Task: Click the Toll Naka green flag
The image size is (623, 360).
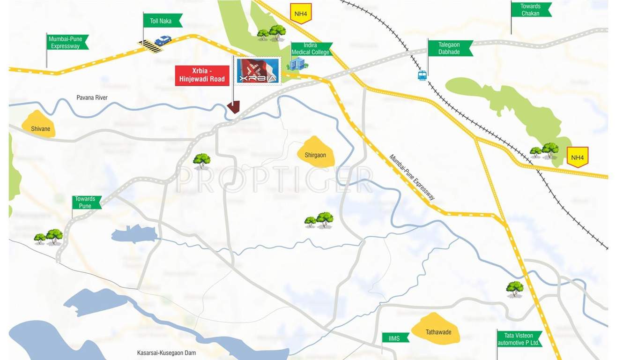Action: tap(162, 21)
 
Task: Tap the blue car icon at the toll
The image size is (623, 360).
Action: tap(163, 40)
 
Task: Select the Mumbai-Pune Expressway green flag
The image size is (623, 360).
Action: tap(67, 42)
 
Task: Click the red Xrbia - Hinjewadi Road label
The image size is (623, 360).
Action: tap(202, 75)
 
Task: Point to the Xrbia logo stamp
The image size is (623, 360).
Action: tap(258, 71)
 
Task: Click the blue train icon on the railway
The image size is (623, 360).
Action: tap(422, 75)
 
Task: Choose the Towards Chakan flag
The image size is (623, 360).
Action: tap(531, 10)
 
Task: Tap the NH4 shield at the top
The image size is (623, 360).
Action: tap(301, 13)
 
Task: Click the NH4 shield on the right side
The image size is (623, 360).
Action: tap(578, 157)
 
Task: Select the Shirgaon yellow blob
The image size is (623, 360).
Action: tap(316, 152)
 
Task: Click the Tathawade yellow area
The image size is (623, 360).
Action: tap(437, 329)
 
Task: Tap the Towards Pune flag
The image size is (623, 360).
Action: tap(86, 202)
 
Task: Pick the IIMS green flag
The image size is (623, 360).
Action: tap(395, 337)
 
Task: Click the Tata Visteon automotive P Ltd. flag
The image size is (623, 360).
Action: tap(519, 339)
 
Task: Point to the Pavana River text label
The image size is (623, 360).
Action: tap(92, 97)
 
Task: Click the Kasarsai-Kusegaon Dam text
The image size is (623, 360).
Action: tap(166, 352)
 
